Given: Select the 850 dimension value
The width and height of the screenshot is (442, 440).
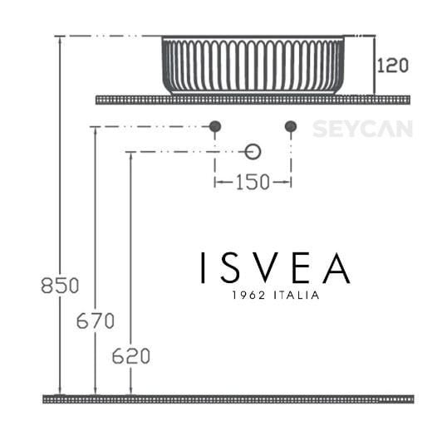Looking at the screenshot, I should (60, 286).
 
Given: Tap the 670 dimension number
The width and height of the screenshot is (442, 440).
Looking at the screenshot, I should (95, 321).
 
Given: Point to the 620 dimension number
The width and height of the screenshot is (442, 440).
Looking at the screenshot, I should (130, 357).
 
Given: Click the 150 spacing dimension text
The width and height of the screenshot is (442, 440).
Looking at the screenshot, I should (252, 183).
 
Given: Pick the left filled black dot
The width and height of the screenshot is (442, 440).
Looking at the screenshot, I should (215, 126).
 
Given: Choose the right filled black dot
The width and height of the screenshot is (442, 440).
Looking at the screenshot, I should (291, 126).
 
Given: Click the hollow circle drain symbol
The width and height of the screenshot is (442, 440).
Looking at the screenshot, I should (253, 151).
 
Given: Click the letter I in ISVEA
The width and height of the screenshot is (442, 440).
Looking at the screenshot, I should (203, 267).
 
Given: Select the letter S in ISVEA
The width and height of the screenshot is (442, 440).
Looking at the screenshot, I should (233, 267).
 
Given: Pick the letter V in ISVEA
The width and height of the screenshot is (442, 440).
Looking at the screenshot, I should (267, 267).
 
